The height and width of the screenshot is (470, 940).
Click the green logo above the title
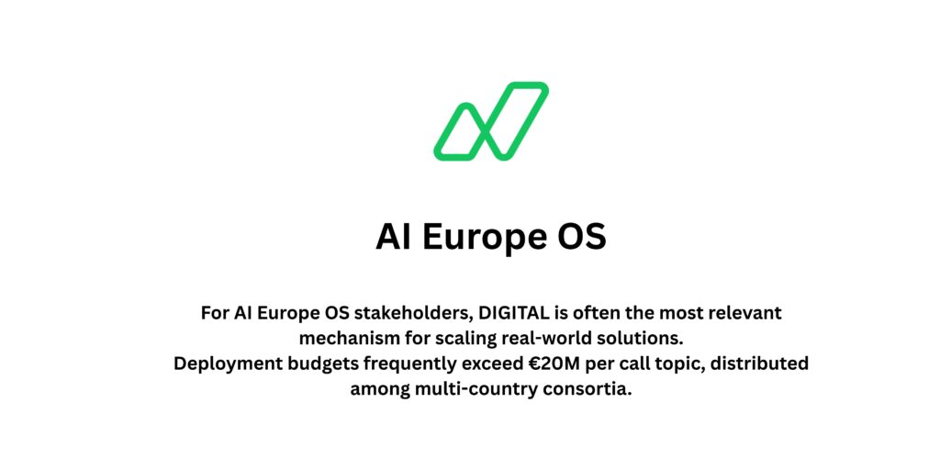tap(491, 121)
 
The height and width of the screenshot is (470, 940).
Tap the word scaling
tap(460, 338)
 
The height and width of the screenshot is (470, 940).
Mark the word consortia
tap(588, 388)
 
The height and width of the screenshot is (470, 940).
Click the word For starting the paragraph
tap(215, 313)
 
